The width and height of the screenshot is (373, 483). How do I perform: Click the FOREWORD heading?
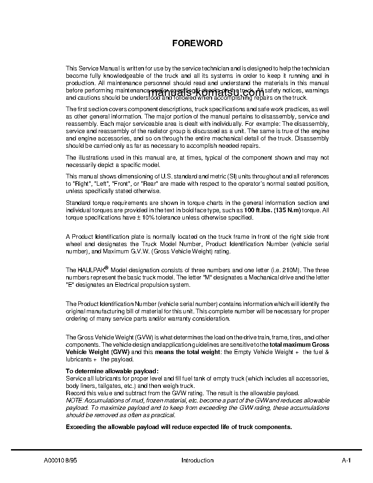(197, 43)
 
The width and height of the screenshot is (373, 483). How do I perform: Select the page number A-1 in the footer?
(346, 460)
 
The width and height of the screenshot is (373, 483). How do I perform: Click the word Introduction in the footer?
(197, 460)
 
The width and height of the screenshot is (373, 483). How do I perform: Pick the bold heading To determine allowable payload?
(112, 371)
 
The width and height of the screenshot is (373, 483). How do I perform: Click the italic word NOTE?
(75, 401)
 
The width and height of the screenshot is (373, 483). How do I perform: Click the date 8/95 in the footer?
(76, 460)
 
